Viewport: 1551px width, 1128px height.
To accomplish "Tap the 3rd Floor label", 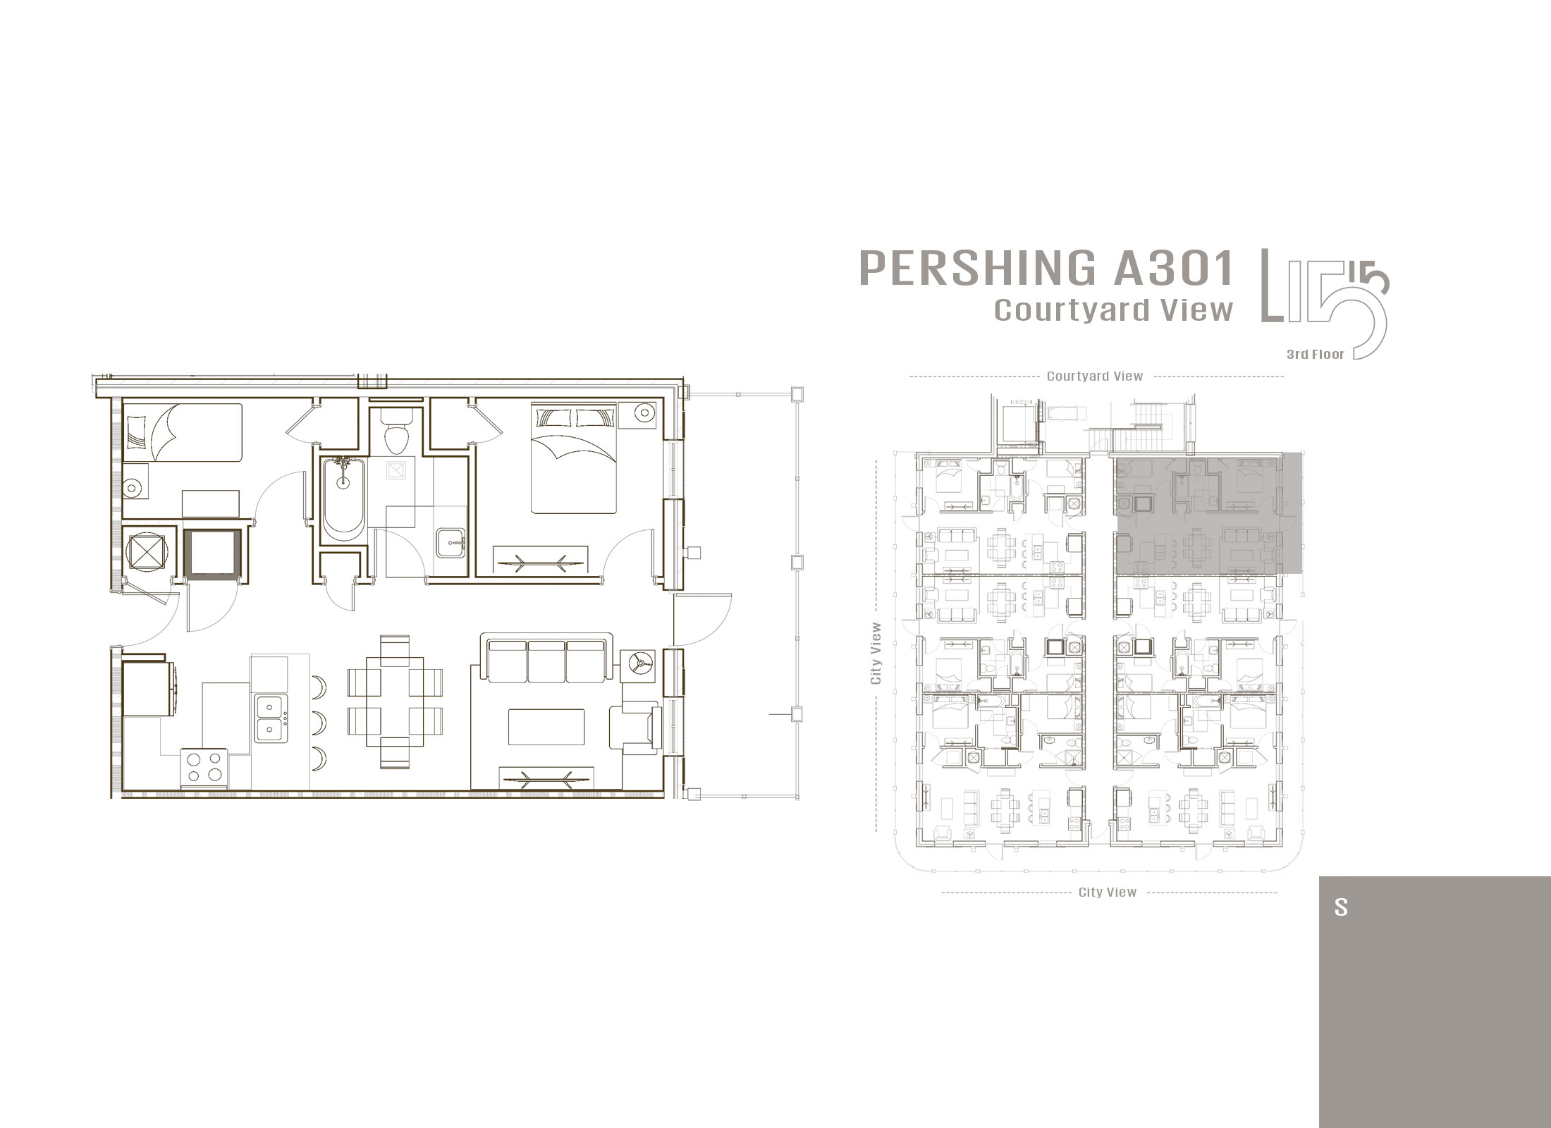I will click(1315, 355).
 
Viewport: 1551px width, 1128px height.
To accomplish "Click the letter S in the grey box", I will click(1340, 907).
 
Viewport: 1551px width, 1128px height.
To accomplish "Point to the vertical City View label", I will click(876, 653).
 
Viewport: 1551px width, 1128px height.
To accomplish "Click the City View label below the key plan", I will click(1108, 893).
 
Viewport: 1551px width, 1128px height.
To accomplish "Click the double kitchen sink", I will click(271, 717).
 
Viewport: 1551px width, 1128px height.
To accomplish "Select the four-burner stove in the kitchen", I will click(205, 768).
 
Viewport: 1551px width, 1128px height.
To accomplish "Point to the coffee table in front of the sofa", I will click(546, 727).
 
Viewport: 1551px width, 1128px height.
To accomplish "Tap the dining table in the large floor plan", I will click(394, 701).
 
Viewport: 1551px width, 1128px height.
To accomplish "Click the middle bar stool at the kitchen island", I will click(319, 721).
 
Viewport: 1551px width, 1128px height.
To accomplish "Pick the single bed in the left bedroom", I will click(183, 432).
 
